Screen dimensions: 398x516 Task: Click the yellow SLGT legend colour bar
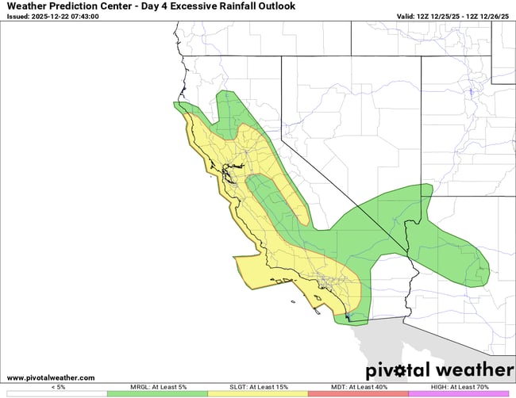coord(258,393)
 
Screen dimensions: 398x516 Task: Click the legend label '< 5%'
coord(58,387)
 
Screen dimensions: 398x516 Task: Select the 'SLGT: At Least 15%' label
coord(258,387)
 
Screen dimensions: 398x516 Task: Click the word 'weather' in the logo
coord(476,370)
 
